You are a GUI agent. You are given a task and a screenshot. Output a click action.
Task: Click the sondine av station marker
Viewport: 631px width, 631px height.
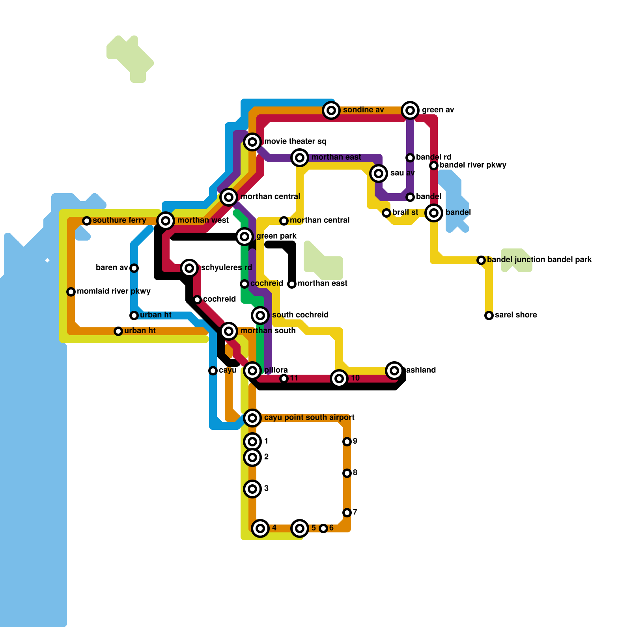pyautogui.click(x=331, y=110)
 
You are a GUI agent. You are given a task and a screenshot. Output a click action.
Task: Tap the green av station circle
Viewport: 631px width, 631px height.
pyautogui.click(x=410, y=110)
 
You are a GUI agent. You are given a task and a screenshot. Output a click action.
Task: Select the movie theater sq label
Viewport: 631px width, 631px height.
pyautogui.click(x=295, y=142)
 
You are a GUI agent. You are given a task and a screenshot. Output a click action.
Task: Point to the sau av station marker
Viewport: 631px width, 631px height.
pyautogui.click(x=379, y=173)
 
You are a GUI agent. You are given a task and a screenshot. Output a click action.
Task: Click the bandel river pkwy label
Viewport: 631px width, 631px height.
pyautogui.click(x=473, y=165)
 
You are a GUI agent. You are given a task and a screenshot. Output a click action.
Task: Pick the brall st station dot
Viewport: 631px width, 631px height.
pyautogui.click(x=386, y=213)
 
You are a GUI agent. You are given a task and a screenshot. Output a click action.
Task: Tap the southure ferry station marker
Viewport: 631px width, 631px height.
pyautogui.click(x=87, y=220)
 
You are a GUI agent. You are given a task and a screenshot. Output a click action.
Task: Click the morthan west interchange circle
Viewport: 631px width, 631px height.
pyautogui.click(x=166, y=220)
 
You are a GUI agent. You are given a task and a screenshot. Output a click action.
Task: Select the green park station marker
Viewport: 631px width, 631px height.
pyautogui.click(x=245, y=237)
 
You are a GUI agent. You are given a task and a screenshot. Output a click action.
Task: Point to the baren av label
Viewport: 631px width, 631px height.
pyautogui.click(x=112, y=268)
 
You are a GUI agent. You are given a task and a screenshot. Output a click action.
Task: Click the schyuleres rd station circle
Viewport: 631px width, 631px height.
pyautogui.click(x=189, y=268)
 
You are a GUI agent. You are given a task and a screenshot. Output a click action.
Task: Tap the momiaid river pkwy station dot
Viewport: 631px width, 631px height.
pyautogui.click(x=71, y=292)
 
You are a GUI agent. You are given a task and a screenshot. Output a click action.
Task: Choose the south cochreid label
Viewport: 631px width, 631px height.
pyautogui.click(x=300, y=315)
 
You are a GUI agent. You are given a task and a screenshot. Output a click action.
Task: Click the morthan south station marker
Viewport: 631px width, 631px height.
pyautogui.click(x=229, y=331)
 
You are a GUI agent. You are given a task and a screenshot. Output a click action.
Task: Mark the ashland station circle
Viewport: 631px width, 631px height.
pyautogui.click(x=394, y=370)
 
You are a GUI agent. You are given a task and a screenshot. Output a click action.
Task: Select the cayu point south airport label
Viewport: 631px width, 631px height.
pyautogui.click(x=309, y=418)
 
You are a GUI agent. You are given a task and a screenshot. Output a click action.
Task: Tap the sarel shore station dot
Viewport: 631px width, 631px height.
pyautogui.click(x=489, y=315)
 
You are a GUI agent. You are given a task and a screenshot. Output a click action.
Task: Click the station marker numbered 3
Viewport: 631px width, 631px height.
pyautogui.click(x=252, y=489)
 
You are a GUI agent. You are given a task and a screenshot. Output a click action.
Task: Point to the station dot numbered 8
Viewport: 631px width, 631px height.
pyautogui.click(x=347, y=473)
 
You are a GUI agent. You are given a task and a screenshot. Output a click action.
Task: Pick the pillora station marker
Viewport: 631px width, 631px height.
pyautogui.click(x=252, y=371)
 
